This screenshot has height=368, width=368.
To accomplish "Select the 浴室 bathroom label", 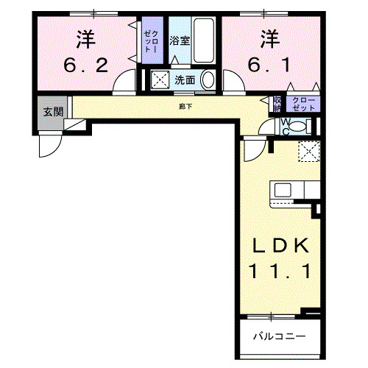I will [180, 40].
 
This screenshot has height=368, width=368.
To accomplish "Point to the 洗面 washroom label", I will [184, 80].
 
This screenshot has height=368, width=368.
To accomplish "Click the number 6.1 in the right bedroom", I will [269, 65].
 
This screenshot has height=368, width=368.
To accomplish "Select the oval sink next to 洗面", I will [208, 80].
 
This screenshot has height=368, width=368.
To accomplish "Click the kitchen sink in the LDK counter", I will [283, 190].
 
